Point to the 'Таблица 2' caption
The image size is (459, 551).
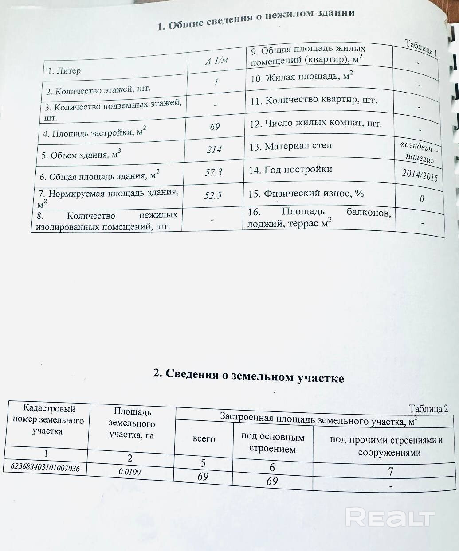coord(428,408)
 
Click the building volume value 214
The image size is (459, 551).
coord(214,149)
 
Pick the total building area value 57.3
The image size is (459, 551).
coord(213,172)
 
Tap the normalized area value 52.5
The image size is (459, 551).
coord(213,195)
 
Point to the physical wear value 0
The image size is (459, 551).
coord(422,198)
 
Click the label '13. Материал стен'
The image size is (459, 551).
coord(290,146)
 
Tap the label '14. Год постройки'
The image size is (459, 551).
coord(290,170)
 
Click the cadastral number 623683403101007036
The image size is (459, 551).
coord(44,467)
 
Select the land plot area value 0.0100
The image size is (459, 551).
coord(129,472)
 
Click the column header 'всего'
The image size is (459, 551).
coord(204,438)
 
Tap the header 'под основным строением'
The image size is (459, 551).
coord(272,442)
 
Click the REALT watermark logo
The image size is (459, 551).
coord(390,518)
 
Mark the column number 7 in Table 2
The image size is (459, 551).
coord(390,472)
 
